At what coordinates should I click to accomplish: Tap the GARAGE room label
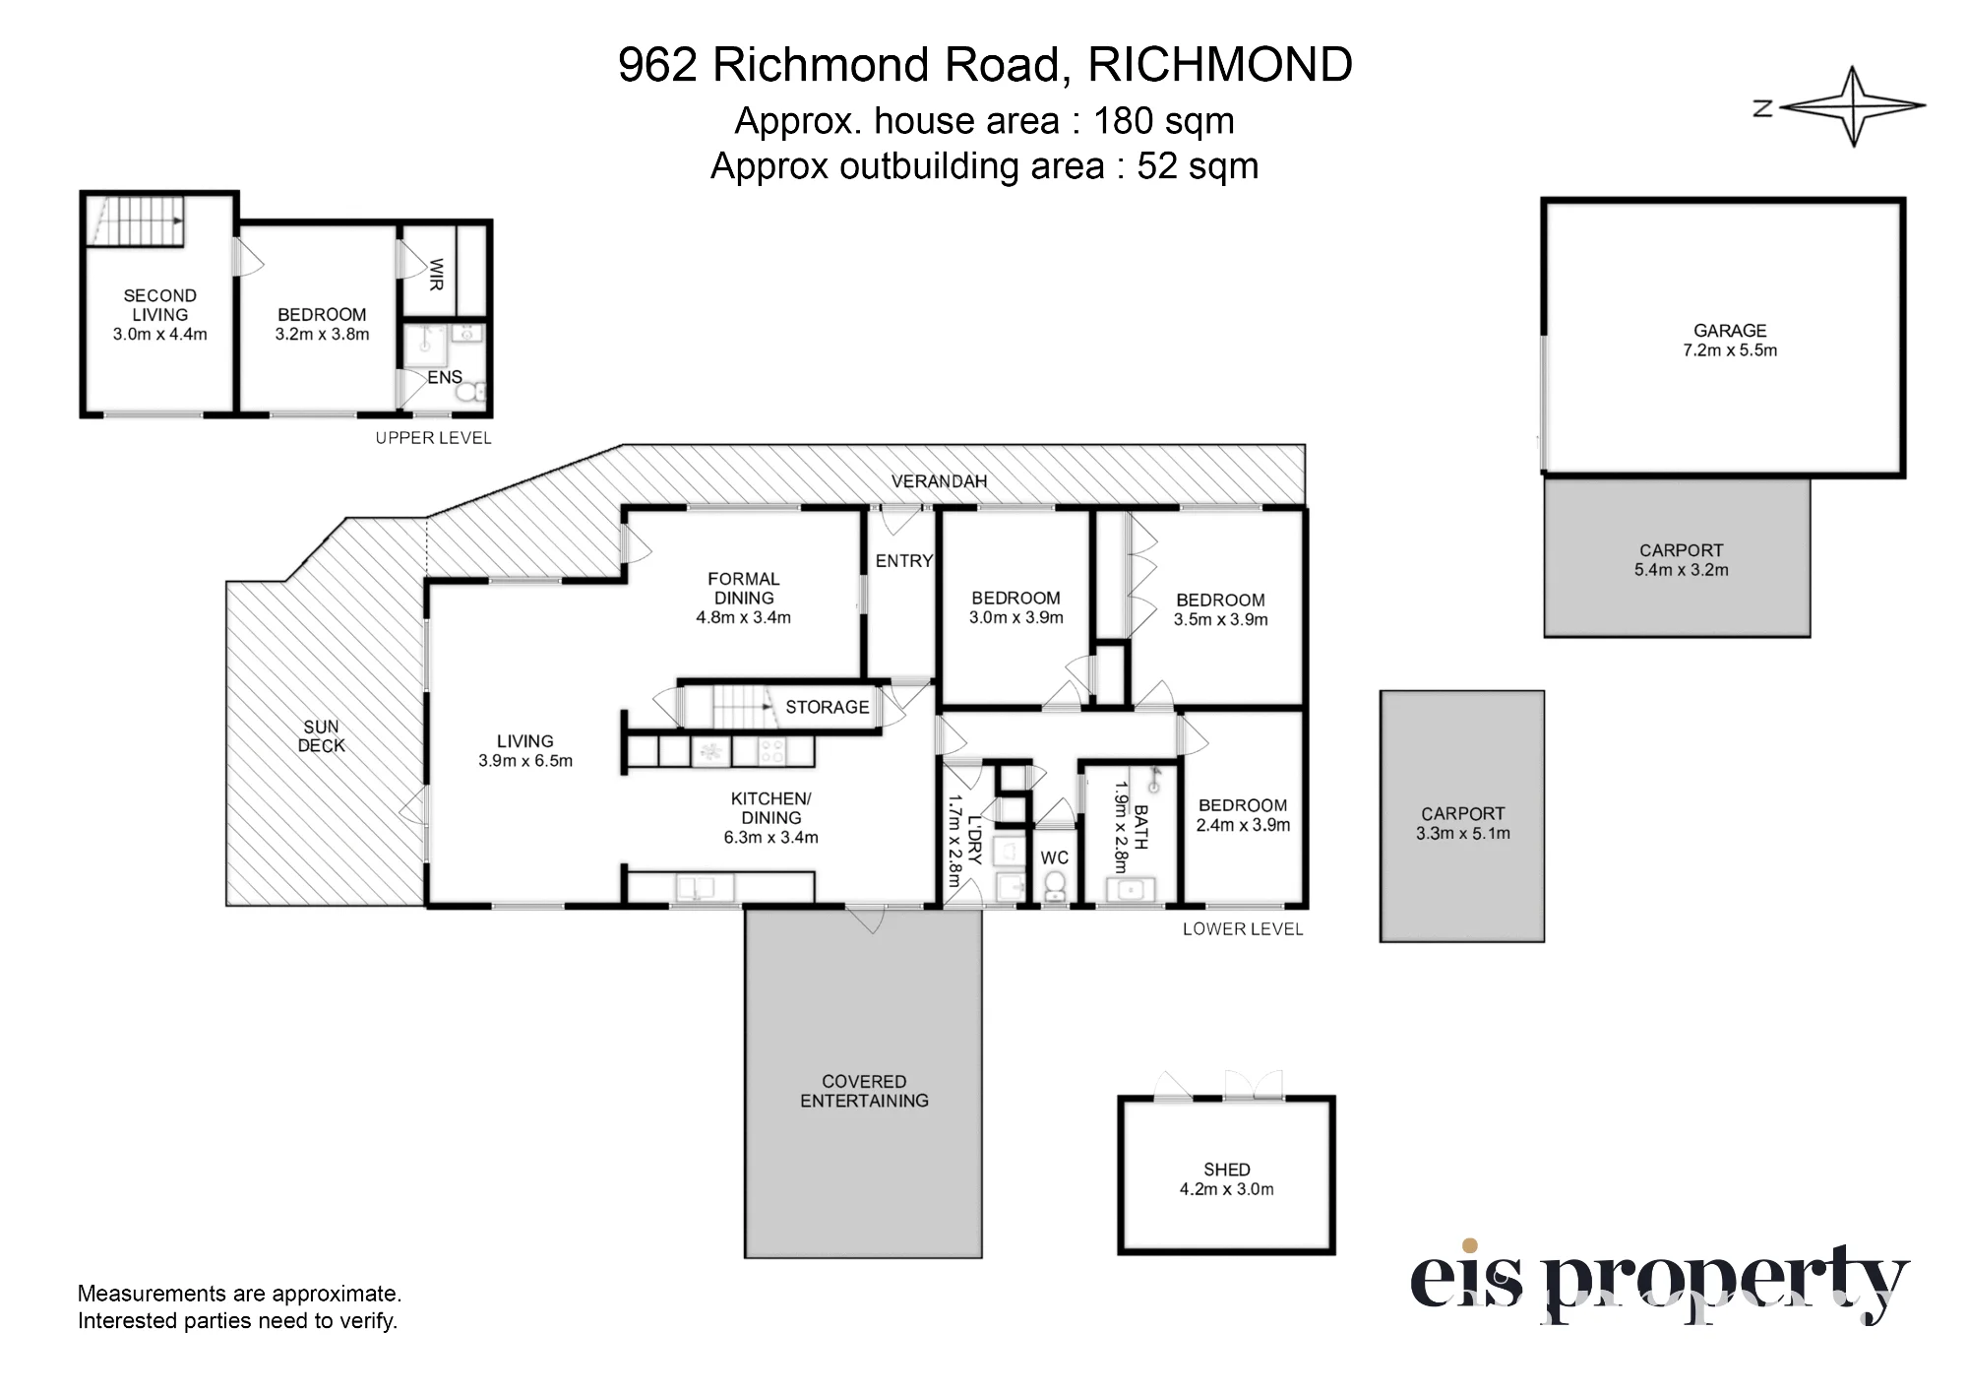[x=1730, y=331]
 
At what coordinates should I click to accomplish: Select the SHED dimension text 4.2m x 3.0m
[x=1226, y=1189]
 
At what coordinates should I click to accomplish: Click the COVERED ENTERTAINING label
[x=864, y=1091]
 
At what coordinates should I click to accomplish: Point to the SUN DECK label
[x=322, y=736]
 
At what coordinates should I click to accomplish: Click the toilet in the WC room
[x=1055, y=885]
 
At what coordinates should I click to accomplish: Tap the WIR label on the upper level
[x=436, y=275]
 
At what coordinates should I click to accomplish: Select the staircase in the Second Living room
[x=136, y=221]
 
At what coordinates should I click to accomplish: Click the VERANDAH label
[x=939, y=481]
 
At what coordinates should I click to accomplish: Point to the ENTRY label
[x=904, y=561]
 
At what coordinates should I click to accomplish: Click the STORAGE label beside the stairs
[x=827, y=708]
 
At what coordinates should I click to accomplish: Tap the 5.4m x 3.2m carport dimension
[x=1681, y=570]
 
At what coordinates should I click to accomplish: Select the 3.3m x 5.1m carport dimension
[x=1462, y=834]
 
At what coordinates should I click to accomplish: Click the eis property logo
[x=1659, y=1281]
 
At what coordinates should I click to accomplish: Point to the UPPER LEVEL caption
[x=433, y=438]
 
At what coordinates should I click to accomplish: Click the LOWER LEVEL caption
[x=1243, y=929]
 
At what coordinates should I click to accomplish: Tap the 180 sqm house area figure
[x=1164, y=121]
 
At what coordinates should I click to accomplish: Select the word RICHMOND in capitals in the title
[x=1220, y=65]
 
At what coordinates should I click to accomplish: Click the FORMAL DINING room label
[x=744, y=589]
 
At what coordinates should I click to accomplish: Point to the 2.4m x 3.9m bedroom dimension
[x=1243, y=825]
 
